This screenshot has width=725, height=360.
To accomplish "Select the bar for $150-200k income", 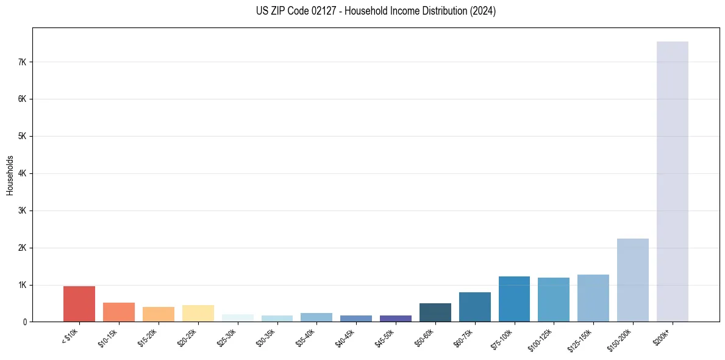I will (x=632, y=280).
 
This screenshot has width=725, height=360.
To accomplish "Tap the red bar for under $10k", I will (x=79, y=304).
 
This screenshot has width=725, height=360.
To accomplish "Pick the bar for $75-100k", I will (x=514, y=299).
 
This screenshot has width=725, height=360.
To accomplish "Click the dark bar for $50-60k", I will (x=435, y=312).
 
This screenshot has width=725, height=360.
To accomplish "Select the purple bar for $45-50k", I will (x=395, y=319).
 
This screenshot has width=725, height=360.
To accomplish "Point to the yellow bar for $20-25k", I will (x=198, y=313).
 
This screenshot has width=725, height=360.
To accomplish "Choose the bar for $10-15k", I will (x=119, y=312).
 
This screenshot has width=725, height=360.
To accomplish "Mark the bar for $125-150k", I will (x=593, y=298).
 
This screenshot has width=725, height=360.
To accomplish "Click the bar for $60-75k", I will (x=474, y=307).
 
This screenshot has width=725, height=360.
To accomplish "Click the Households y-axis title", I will (x=10, y=175).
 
